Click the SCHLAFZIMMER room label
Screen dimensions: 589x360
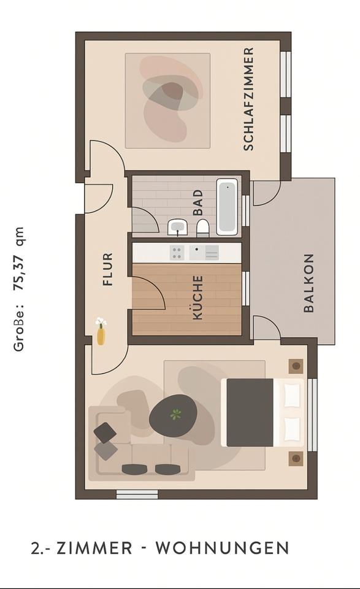click(248, 99)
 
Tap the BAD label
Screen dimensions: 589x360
click(197, 202)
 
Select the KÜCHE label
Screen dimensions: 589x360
click(197, 298)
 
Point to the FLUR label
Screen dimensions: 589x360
click(108, 269)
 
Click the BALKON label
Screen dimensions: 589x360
click(309, 283)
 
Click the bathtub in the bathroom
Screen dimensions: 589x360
click(226, 206)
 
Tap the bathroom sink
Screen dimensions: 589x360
click(178, 228)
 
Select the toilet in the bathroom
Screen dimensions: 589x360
click(202, 228)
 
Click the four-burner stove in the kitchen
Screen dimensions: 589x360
click(177, 252)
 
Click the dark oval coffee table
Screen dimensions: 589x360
click(173, 415)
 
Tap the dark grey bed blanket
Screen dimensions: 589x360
click(250, 412)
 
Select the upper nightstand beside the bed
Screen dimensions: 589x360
click(296, 366)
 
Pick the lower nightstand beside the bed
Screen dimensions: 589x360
click(296, 458)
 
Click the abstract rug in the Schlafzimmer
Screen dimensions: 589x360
click(167, 101)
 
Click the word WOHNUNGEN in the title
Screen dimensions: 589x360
click(222, 547)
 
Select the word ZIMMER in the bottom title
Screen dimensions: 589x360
click(94, 547)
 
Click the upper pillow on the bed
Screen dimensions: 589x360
click(292, 395)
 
